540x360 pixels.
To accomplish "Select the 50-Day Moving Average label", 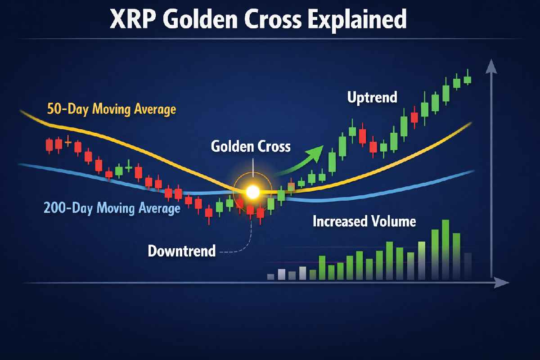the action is [112, 109].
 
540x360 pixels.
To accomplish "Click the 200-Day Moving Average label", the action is [112, 208].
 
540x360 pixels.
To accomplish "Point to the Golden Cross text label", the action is [251, 146].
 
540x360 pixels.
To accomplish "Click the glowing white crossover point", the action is [252, 192].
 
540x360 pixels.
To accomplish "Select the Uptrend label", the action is [372, 97].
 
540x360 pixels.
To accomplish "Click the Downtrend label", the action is [182, 251].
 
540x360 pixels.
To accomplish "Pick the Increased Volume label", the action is [364, 221].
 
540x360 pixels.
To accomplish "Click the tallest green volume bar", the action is [445, 250].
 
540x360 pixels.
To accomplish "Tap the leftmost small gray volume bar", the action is [271, 277].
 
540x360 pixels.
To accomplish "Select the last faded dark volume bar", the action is [468, 266].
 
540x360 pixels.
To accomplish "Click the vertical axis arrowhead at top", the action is [491, 66].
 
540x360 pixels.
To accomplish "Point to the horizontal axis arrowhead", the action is [501, 283].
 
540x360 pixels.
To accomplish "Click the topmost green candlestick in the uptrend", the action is [468, 80].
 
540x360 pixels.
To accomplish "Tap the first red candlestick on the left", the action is [49, 145].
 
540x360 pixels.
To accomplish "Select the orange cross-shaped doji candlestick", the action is [68, 142].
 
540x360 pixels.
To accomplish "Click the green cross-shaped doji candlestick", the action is [129, 166].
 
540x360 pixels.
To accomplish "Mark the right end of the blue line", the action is [474, 171].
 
